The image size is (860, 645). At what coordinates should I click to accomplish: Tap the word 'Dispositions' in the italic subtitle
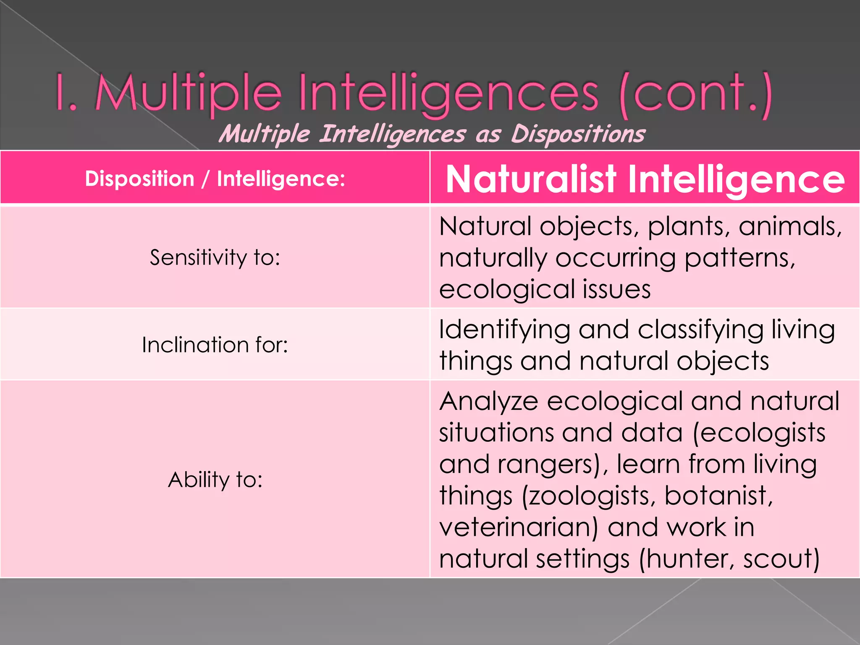tap(578, 134)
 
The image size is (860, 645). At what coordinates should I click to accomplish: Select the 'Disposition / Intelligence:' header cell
tap(215, 179)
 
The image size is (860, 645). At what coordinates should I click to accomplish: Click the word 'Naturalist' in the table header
tap(531, 179)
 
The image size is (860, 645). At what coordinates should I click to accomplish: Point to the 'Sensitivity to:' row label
tap(215, 257)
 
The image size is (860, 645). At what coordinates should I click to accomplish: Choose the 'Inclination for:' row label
tap(215, 345)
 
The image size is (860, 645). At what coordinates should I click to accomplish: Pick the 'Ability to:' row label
tap(215, 479)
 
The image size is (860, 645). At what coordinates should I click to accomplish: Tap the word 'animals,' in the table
tap(790, 227)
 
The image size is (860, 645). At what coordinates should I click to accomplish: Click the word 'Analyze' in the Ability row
tap(489, 401)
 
